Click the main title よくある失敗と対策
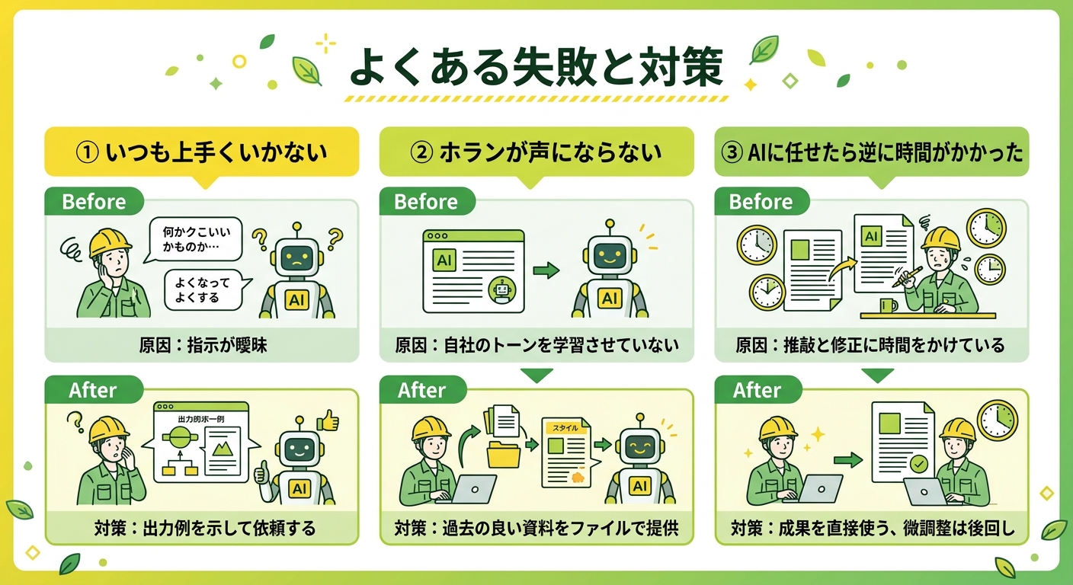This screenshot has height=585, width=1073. (535, 69)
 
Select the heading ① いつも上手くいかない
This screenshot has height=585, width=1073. (201, 152)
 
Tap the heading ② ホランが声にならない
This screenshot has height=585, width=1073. (536, 152)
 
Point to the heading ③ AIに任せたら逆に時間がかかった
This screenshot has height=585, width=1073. (872, 152)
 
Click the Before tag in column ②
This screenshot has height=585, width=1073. (426, 202)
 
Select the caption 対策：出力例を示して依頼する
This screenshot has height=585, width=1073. (201, 528)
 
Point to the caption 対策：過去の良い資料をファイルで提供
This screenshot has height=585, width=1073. (536, 528)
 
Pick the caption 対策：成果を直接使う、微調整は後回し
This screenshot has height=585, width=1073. (872, 528)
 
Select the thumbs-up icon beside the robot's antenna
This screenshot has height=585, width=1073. (327, 420)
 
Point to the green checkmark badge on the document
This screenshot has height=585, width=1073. (920, 462)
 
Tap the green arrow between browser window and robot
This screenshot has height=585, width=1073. (545, 270)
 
